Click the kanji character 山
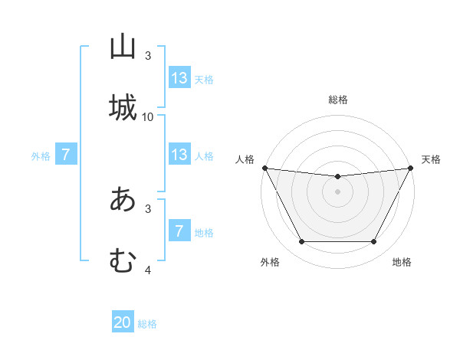click(123, 47)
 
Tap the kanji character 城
click(123, 106)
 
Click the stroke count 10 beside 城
click(148, 116)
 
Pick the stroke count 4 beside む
click(148, 270)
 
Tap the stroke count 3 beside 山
click(148, 56)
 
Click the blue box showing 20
click(123, 323)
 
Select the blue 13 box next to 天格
click(179, 78)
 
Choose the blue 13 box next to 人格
click(179, 155)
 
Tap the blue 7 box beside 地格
click(179, 231)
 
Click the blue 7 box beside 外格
click(66, 155)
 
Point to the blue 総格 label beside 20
click(147, 324)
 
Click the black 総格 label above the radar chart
click(337, 100)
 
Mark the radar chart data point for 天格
click(410, 168)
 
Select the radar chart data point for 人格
click(264, 168)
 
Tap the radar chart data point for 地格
click(373, 242)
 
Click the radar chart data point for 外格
click(301, 242)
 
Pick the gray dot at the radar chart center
click(337, 191)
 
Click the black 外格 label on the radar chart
click(270, 263)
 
